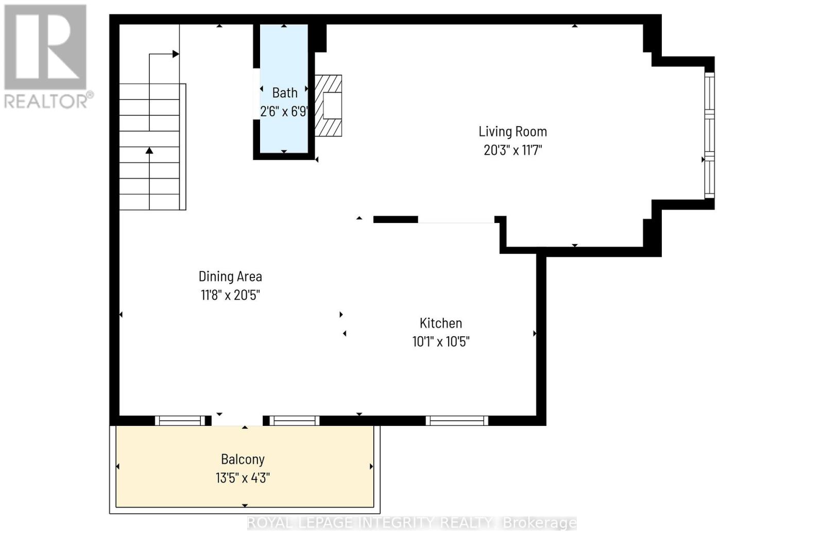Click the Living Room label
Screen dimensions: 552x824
512,132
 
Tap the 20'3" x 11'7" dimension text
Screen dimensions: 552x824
512,150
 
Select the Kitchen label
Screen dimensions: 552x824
441,323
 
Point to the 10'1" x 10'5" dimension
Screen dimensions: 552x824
441,342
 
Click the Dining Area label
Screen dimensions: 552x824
230,277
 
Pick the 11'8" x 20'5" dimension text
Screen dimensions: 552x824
230,296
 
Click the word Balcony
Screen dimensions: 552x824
243,459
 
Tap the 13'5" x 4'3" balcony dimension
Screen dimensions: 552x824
243,478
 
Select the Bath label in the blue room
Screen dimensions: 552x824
285,93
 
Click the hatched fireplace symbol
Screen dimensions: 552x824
328,106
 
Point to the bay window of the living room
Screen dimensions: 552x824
710,135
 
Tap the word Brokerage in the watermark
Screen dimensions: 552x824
539,523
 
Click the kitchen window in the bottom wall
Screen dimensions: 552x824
457,421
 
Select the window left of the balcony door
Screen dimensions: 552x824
180,421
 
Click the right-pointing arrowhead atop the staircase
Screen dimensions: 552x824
176,54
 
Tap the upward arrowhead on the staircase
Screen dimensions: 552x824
149,150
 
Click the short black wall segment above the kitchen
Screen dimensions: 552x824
396,220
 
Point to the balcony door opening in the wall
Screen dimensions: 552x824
237,421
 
